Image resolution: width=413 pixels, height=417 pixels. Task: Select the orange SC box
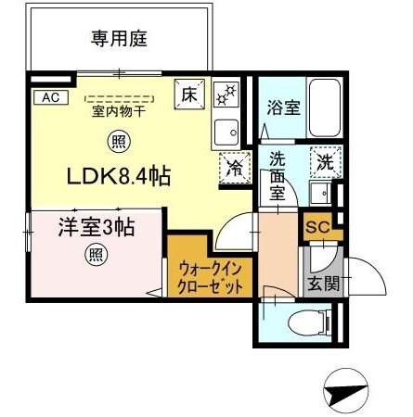point(316,224)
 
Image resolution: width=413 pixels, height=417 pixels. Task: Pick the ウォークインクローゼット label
point(211,277)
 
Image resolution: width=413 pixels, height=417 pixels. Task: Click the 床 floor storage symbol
point(189,93)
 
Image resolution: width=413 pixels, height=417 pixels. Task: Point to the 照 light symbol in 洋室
point(95,254)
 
